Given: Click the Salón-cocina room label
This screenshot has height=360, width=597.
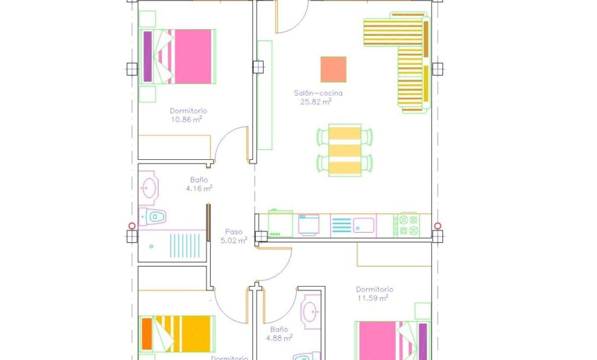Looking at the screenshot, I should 318,93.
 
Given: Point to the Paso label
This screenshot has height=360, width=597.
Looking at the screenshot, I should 234,232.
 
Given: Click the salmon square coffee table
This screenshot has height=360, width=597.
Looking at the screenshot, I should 333,70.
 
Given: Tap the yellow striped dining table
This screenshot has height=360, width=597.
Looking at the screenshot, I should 345,150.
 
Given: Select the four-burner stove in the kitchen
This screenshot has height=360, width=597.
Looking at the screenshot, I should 406,225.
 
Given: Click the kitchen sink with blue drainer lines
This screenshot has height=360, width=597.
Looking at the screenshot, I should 353,225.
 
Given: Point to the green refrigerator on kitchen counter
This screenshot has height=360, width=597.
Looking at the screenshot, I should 280,224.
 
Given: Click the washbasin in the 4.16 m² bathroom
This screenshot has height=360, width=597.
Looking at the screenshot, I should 149,187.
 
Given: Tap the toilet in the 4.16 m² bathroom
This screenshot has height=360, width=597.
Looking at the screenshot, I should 153,217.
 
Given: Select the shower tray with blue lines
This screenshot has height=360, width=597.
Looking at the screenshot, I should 172,246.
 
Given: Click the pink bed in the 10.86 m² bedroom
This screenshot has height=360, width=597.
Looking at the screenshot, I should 178,56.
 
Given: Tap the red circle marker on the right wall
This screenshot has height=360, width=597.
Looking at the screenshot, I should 437,226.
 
